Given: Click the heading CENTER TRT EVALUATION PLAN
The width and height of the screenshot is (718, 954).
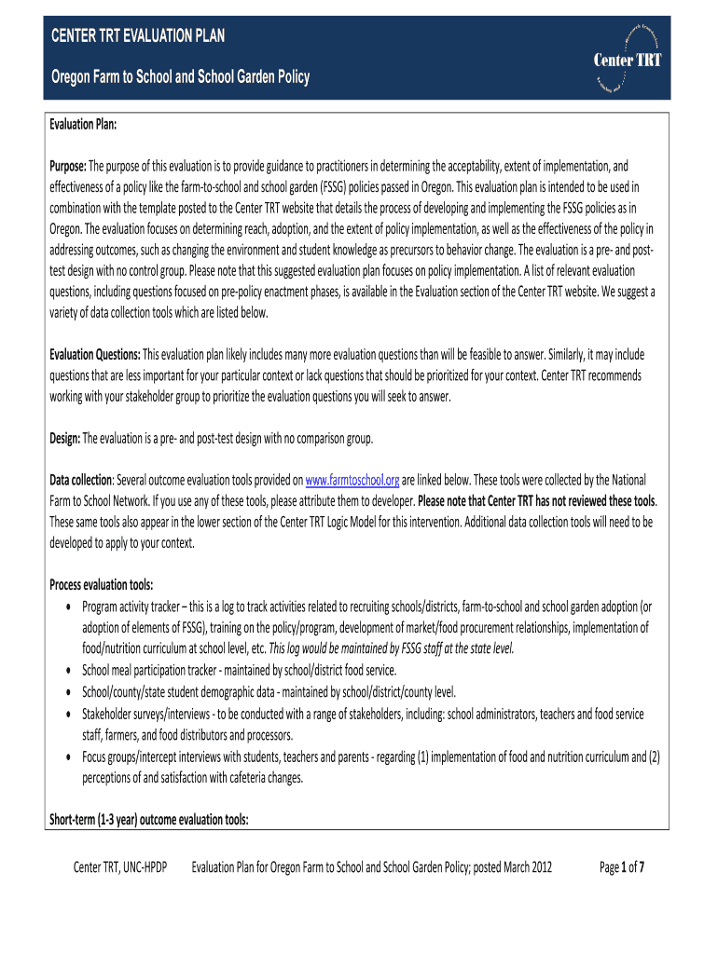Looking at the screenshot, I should pyautogui.click(x=137, y=37).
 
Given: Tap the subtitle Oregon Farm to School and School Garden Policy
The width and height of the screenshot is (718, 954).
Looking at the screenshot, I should pyautogui.click(x=179, y=77).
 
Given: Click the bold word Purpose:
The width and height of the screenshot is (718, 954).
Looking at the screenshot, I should pyautogui.click(x=68, y=166).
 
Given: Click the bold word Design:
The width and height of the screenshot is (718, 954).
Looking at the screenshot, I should pyautogui.click(x=65, y=438).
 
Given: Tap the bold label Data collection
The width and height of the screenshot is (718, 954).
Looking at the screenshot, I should pyautogui.click(x=80, y=480).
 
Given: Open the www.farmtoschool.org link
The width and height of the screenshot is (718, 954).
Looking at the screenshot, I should pyautogui.click(x=352, y=480).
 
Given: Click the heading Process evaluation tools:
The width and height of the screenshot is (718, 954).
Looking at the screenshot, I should pyautogui.click(x=101, y=585).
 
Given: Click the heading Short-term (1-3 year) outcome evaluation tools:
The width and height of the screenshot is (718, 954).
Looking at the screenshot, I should pyautogui.click(x=148, y=820).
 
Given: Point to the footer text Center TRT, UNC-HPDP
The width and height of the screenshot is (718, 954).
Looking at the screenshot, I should pyautogui.click(x=120, y=868).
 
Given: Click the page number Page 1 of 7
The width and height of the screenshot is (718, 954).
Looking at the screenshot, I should pyautogui.click(x=623, y=868).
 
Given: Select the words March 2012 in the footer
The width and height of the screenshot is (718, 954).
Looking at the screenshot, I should pyautogui.click(x=527, y=868).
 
